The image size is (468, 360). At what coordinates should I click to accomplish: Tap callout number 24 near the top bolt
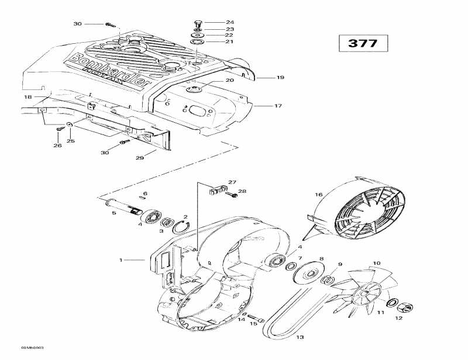point(214,22)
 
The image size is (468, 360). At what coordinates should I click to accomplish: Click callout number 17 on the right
point(278,106)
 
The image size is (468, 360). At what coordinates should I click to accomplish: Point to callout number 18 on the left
point(27,96)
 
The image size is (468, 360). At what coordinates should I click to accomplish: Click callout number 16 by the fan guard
point(319,195)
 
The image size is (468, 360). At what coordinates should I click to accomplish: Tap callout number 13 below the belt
point(300,337)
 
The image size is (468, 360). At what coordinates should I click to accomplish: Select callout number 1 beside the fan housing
point(121,259)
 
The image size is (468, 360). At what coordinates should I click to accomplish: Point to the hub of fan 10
point(367,290)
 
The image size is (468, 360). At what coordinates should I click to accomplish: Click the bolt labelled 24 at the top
point(197,23)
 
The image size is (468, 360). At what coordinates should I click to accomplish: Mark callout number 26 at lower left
point(58,146)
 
